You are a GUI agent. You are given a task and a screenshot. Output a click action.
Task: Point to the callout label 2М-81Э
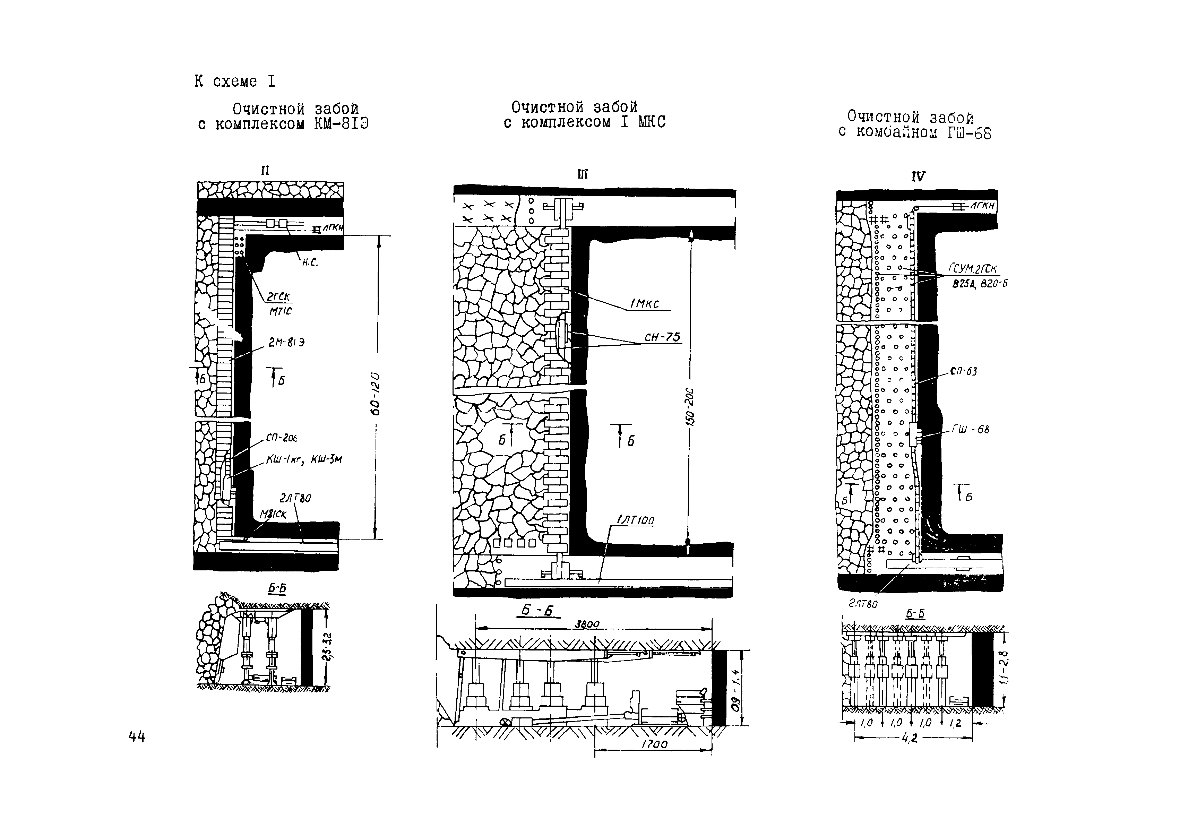[x=286, y=342]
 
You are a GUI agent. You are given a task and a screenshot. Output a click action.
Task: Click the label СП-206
[x=282, y=438]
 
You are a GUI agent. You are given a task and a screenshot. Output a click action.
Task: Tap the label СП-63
[x=963, y=371]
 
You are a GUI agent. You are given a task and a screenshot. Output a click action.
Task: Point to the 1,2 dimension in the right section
[x=955, y=723]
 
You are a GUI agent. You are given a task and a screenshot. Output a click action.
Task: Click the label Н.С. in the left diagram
[x=310, y=263]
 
